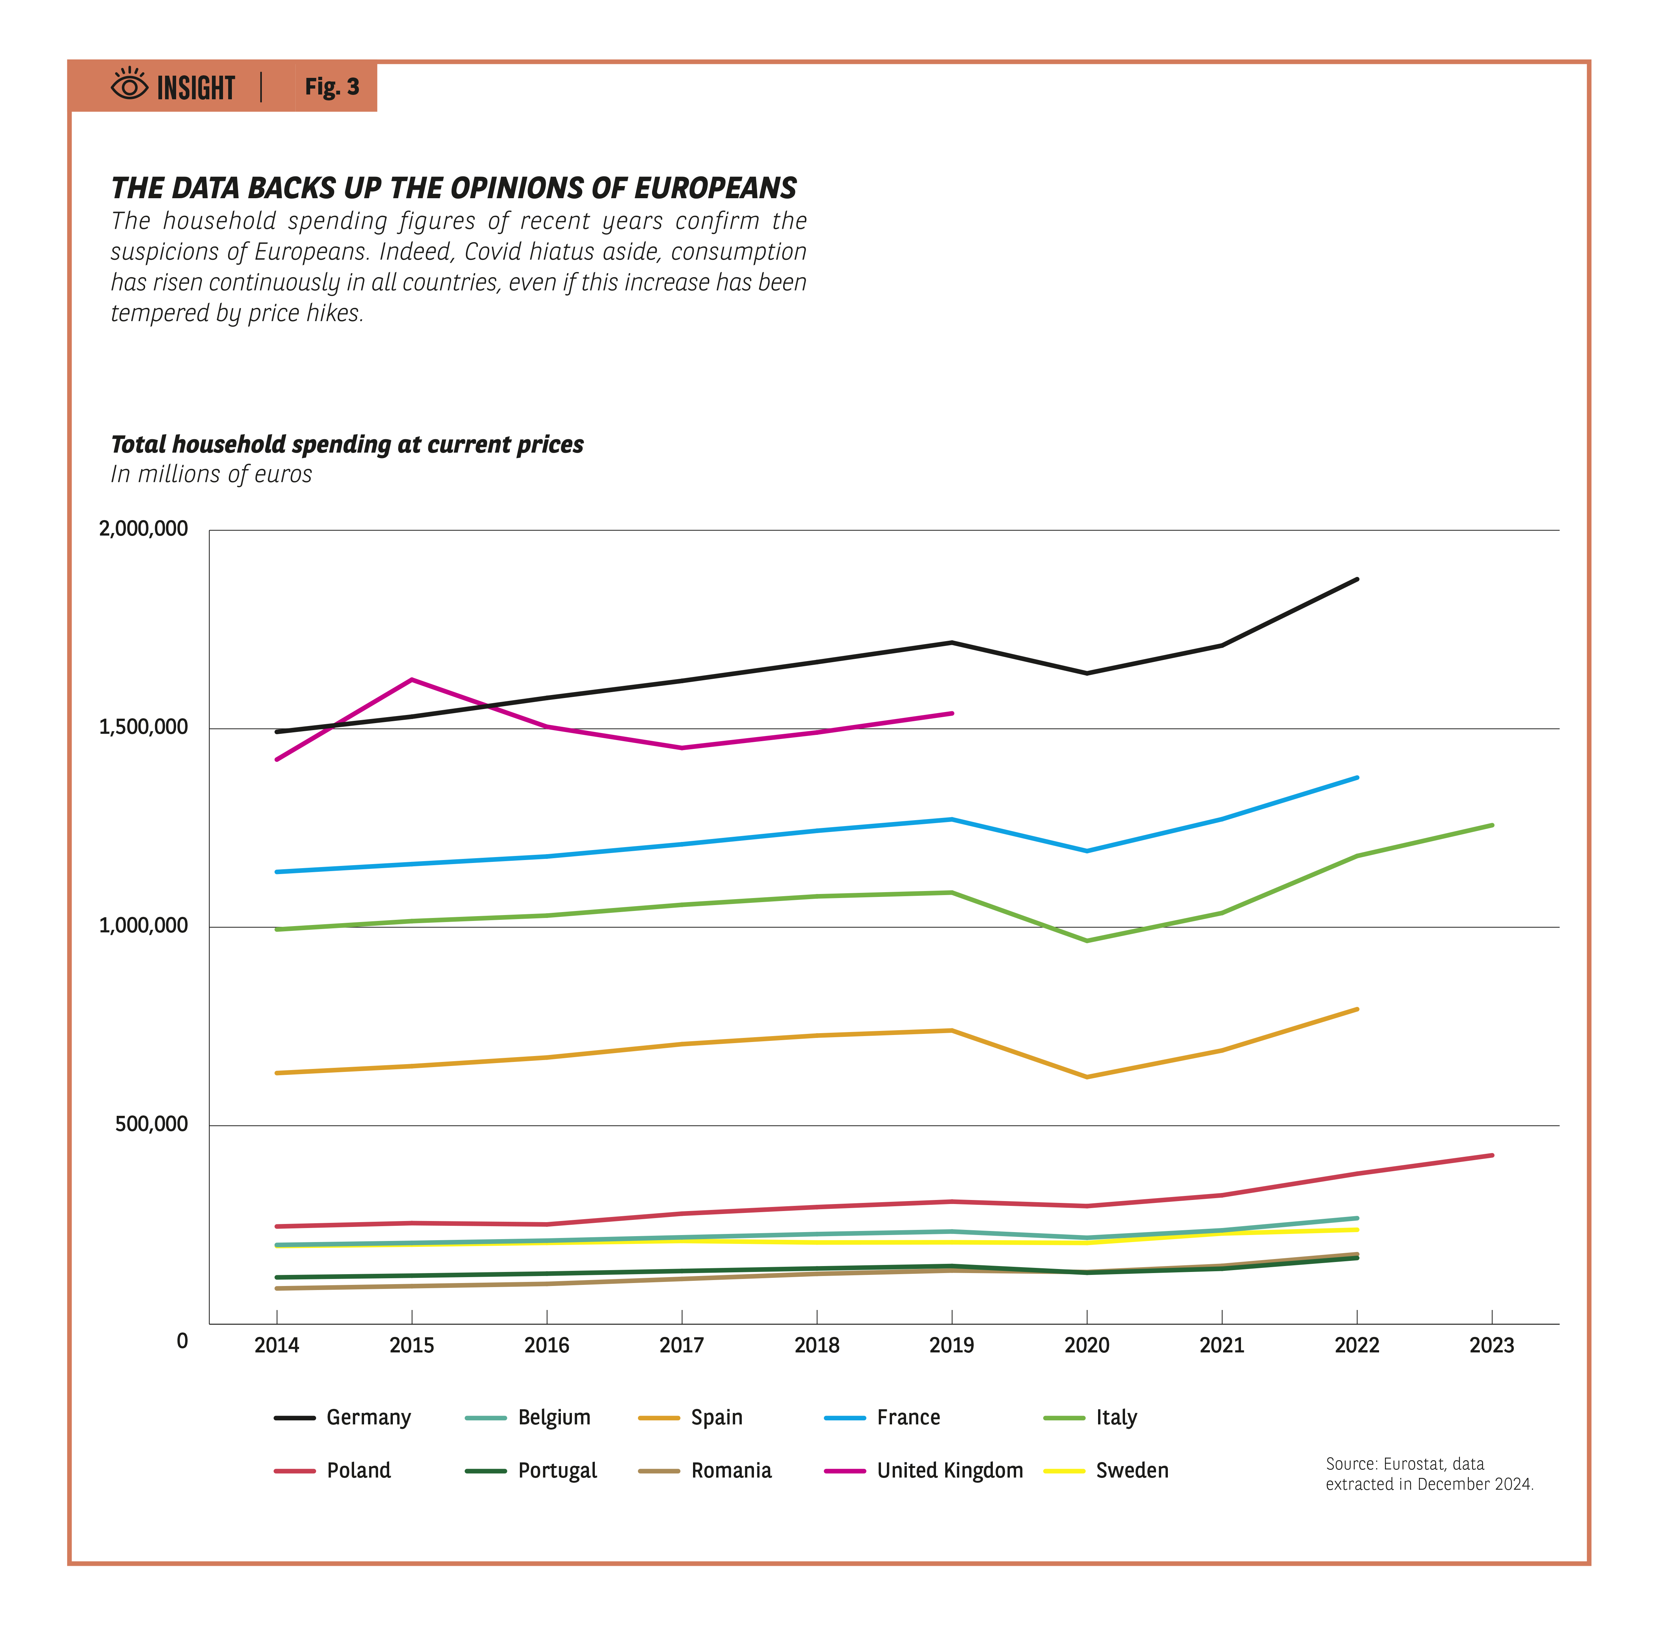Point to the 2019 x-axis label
point(951,1345)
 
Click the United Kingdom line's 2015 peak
point(412,680)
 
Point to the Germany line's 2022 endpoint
point(1357,580)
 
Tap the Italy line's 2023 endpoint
point(1492,825)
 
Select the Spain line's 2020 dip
point(1087,1076)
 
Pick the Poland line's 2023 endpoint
point(1492,1156)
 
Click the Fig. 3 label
point(332,87)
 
